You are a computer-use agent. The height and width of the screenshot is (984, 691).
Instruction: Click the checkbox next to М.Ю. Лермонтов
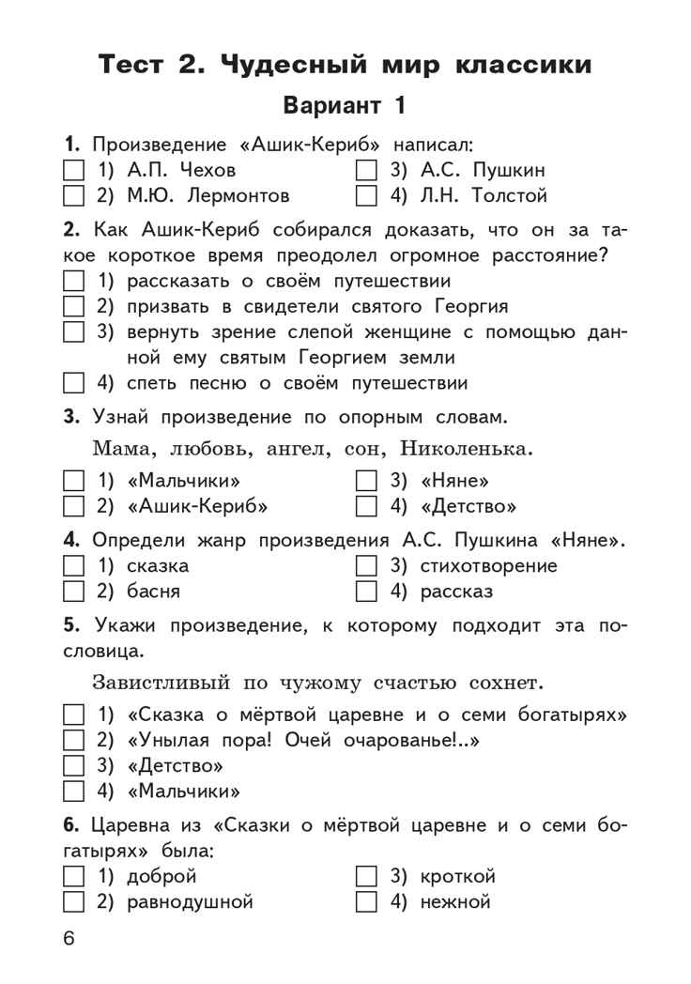73,196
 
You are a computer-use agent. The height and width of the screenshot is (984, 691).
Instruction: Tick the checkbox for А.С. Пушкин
366,171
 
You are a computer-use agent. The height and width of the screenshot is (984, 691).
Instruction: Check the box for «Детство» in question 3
366,508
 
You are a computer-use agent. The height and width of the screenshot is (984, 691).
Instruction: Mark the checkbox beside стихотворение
366,566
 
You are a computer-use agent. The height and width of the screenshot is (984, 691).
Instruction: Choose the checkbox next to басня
73,592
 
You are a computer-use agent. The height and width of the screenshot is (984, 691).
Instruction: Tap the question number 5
69,625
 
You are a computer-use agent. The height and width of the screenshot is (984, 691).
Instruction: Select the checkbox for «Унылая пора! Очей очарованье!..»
73,739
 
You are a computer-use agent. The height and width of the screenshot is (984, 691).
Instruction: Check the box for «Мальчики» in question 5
73,791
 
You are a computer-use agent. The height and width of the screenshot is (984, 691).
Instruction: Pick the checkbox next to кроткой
366,877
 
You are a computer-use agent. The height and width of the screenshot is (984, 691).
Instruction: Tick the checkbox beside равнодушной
73,903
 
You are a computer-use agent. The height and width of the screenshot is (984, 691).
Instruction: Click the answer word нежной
455,903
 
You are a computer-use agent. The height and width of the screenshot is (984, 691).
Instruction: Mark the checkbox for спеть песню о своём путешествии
73,383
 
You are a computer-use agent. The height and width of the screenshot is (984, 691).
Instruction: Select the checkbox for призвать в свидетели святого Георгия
73,306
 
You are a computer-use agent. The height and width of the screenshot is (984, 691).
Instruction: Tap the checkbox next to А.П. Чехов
73,171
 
